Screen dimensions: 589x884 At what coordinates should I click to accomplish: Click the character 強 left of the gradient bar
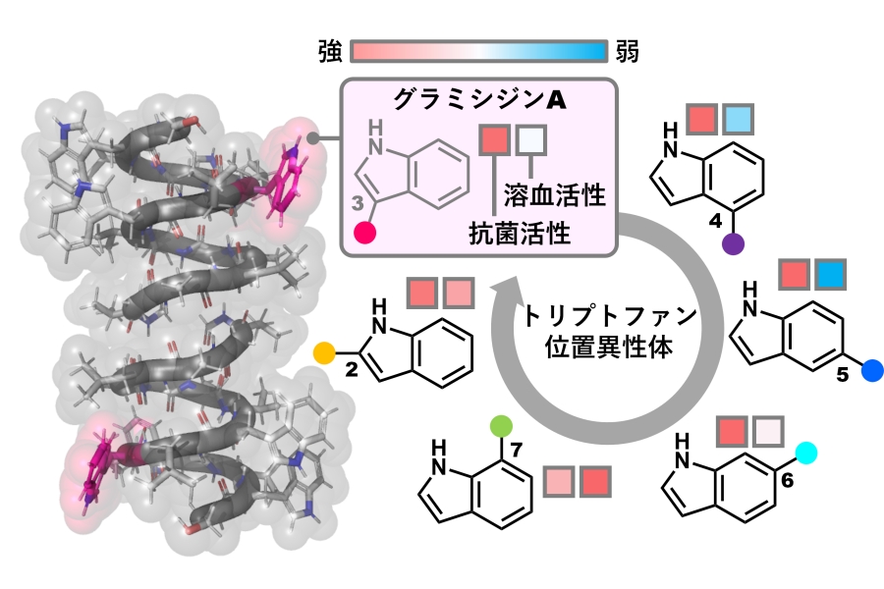click(329, 51)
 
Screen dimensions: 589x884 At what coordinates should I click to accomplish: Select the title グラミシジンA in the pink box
click(478, 100)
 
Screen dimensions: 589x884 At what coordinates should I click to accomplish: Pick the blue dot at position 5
click(872, 371)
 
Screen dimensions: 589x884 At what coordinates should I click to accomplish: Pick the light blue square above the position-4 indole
click(738, 121)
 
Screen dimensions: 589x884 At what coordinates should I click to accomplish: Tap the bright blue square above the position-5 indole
click(831, 276)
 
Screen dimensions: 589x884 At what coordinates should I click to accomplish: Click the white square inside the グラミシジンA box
click(531, 140)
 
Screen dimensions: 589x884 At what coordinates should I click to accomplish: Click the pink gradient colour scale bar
click(477, 51)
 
